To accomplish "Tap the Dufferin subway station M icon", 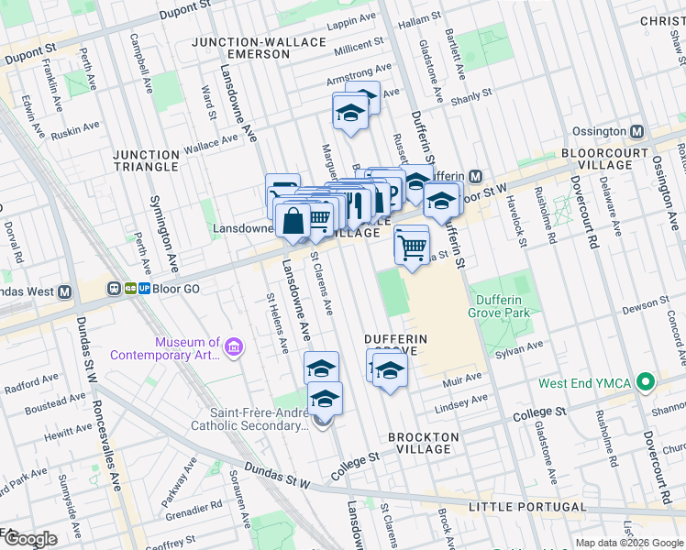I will [x=474, y=176].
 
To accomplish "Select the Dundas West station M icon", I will [x=64, y=292].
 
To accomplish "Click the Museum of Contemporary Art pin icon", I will [x=234, y=348].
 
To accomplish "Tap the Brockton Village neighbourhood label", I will [x=419, y=443].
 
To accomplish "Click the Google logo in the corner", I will [x=29, y=539].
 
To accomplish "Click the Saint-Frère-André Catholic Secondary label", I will [x=247, y=419].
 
